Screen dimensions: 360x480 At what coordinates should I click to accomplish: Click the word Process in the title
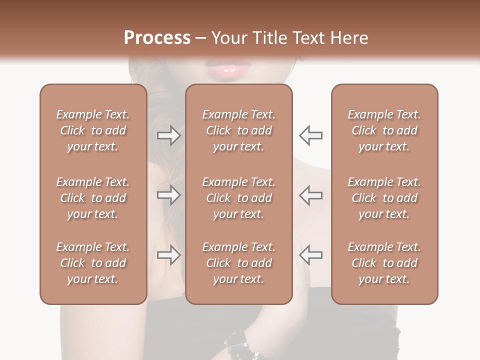point(157,38)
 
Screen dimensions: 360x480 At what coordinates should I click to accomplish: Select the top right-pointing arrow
point(169,135)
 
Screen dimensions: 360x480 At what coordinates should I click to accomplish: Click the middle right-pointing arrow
point(169,195)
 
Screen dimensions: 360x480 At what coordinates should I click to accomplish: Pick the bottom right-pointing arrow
point(169,255)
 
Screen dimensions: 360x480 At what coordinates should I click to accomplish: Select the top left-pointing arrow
point(311,135)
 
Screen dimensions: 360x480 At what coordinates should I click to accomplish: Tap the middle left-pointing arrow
point(311,195)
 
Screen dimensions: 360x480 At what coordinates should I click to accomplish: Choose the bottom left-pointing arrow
point(311,255)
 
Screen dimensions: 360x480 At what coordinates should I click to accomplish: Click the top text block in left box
point(93,130)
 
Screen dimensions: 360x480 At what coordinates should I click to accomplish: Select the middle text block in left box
point(93,198)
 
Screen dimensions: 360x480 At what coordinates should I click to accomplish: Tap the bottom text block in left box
point(93,263)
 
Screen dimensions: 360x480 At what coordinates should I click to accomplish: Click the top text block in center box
point(239,130)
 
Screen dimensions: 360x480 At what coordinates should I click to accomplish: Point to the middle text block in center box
point(239,198)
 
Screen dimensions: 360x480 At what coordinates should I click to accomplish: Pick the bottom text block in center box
point(239,263)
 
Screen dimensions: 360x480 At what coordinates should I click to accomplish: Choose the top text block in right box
point(384,130)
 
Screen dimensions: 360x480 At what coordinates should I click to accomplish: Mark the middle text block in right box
point(384,198)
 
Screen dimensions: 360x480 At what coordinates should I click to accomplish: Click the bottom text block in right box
point(384,263)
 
